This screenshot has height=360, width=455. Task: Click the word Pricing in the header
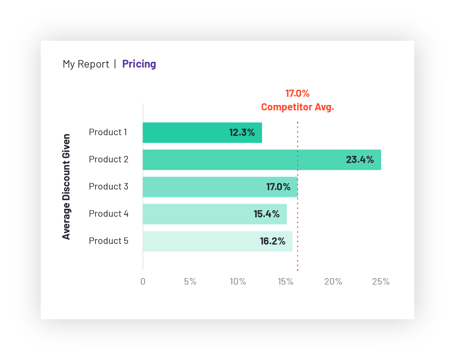pos(139,64)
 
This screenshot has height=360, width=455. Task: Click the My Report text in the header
pos(86,64)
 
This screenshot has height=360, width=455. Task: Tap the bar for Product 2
pos(238,160)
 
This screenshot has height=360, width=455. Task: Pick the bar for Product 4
pos(197,214)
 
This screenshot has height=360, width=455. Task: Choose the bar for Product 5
pos(200,241)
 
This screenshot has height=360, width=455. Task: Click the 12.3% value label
pos(242,132)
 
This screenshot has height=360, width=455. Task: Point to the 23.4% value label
pos(360,160)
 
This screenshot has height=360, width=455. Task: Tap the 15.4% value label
pos(267,214)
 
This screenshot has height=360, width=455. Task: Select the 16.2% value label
pos(272,241)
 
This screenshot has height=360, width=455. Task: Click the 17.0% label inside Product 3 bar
pos(278,187)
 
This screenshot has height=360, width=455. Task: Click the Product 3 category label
pos(108,186)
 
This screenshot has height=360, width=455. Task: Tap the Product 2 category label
pos(108,159)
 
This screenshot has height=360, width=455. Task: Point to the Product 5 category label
pos(108,241)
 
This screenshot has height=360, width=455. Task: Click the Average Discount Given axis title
pos(66,186)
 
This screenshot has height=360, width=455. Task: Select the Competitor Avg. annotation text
pos(297,107)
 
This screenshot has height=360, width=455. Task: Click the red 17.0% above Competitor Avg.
pos(297,93)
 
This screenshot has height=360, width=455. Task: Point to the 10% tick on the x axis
pos(238,282)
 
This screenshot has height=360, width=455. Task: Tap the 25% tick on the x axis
pos(381,282)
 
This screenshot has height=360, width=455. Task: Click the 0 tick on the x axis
pos(143,282)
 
